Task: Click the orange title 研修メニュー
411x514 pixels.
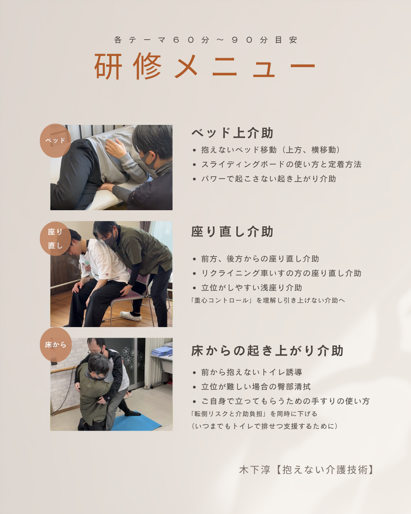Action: click(205, 66)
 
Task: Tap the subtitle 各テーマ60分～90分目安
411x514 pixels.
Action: click(205, 40)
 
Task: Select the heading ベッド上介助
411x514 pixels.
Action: click(232, 133)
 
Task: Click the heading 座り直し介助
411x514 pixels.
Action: click(232, 232)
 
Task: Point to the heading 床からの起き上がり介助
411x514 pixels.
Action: click(267, 351)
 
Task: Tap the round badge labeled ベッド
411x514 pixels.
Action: click(56, 140)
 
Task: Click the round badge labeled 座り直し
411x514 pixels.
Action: click(56, 238)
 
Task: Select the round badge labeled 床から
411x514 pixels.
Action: click(56, 345)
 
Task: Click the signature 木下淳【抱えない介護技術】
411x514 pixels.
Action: click(306, 470)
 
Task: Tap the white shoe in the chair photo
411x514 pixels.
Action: click(131, 316)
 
